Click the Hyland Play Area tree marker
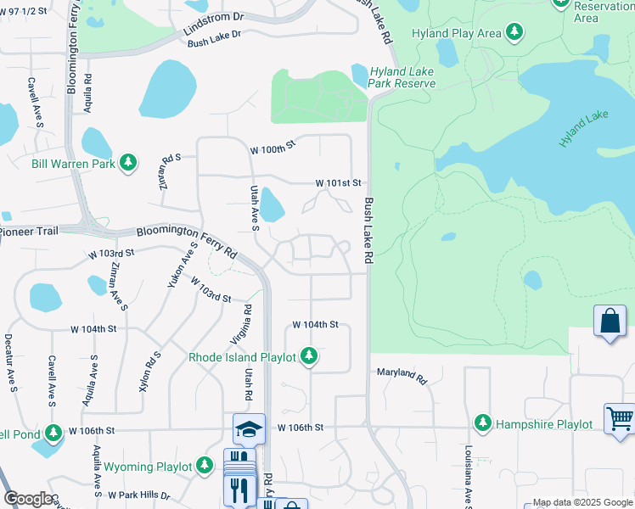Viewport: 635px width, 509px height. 514,33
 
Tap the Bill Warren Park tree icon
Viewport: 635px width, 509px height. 128,162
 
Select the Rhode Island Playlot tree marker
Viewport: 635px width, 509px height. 310,357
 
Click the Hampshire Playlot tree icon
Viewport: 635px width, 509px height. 483,422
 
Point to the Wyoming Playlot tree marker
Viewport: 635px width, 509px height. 205,466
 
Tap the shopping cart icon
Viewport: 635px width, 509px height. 619,418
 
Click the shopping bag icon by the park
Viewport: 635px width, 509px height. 609,321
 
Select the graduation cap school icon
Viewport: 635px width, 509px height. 249,428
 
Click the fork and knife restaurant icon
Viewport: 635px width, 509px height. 239,489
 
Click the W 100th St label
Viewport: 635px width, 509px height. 272,148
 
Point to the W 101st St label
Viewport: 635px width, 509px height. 339,182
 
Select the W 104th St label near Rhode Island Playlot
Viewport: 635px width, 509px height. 315,325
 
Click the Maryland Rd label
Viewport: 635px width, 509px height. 402,375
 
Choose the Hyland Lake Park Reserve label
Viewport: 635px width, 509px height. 402,77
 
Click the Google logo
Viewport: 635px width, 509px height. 30,499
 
